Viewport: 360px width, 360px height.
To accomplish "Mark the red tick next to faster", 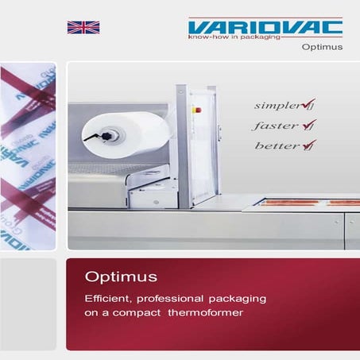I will [300, 124].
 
